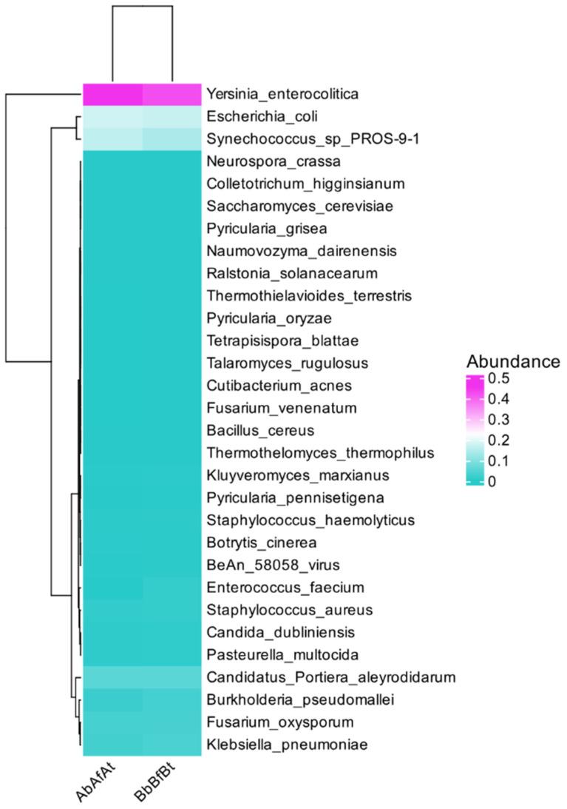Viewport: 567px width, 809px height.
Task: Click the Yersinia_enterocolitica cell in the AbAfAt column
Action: pyautogui.click(x=112, y=95)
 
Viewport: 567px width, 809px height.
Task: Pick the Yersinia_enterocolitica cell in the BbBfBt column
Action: pyautogui.click(x=172, y=95)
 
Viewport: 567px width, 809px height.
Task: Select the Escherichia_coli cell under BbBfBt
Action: pyautogui.click(x=172, y=116)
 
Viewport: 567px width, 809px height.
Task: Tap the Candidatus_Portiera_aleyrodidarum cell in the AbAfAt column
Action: pyautogui.click(x=112, y=677)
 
